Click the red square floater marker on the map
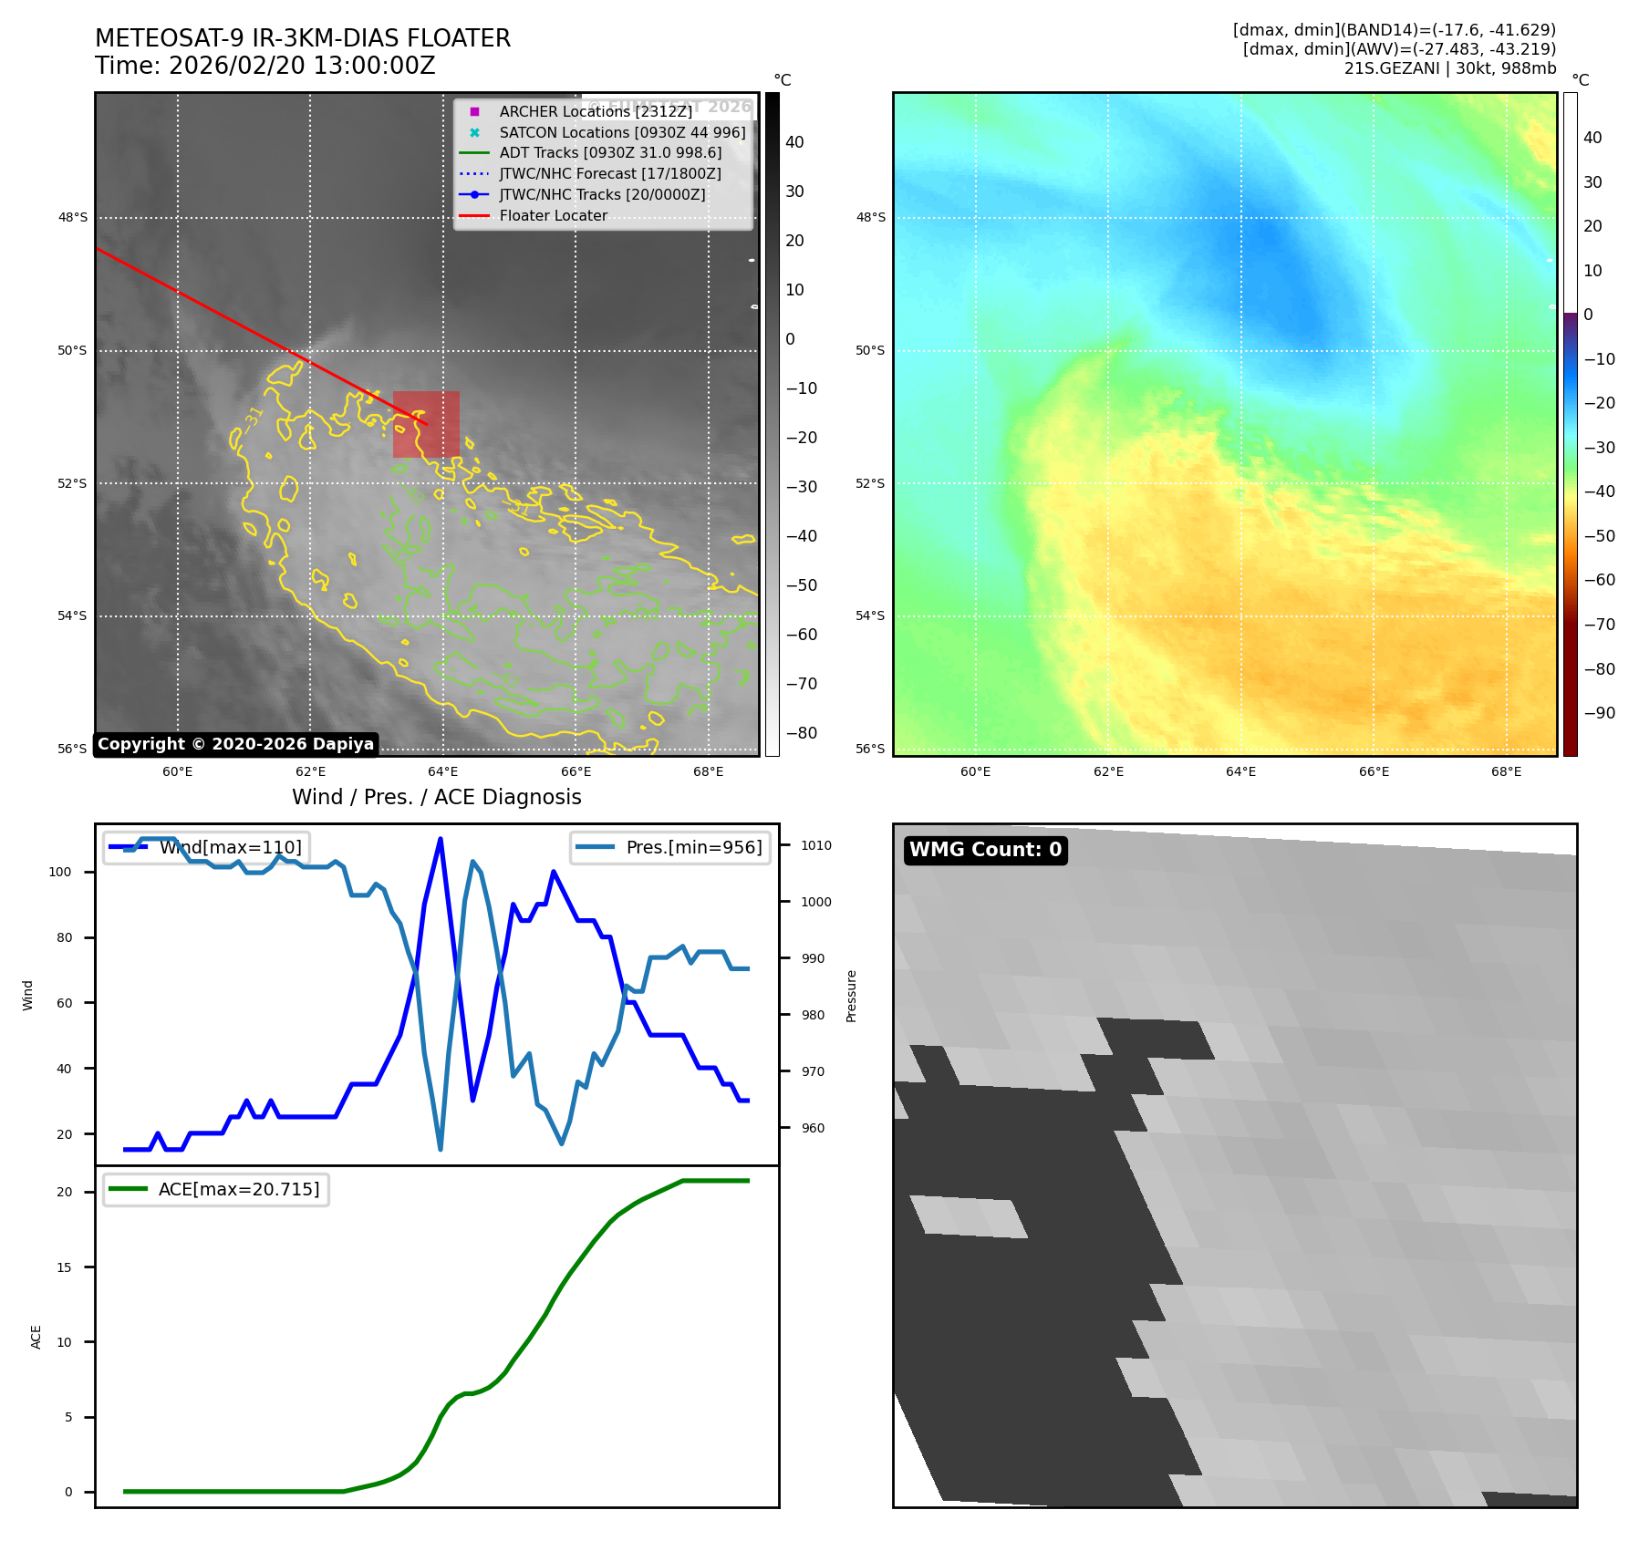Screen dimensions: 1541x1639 tap(426, 424)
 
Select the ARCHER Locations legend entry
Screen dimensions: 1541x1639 tap(595, 111)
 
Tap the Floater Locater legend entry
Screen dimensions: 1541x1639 tap(553, 216)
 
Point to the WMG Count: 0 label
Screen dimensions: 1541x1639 tap(985, 850)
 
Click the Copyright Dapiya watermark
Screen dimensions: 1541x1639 tap(235, 744)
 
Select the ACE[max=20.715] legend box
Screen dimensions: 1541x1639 tap(216, 1190)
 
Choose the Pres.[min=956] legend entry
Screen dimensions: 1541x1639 tap(671, 847)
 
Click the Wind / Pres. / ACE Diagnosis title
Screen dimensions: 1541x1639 tap(436, 797)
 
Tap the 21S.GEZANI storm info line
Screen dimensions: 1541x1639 tap(1449, 68)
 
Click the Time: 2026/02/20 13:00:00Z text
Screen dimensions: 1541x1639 tap(265, 67)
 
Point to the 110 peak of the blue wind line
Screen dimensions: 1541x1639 tap(441, 839)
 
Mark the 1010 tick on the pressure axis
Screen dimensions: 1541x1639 tap(816, 845)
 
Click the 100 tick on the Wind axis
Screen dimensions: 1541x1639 tap(60, 872)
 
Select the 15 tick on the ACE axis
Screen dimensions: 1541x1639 tap(64, 1267)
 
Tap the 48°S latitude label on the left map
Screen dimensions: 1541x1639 tap(73, 218)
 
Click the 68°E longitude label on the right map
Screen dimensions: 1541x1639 tap(1506, 771)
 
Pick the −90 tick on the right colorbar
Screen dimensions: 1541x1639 tap(1599, 713)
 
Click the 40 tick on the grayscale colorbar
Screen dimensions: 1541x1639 tap(794, 142)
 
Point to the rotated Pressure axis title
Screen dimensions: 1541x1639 tap(851, 996)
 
